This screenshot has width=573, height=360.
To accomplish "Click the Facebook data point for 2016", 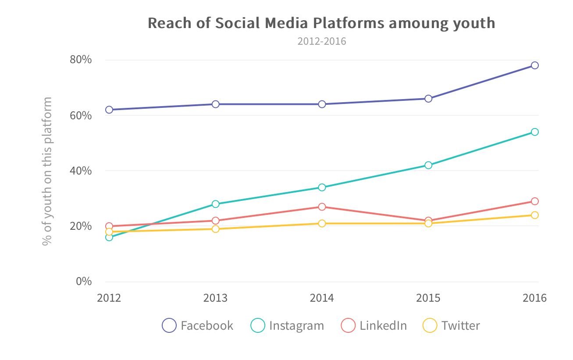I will [x=534, y=65].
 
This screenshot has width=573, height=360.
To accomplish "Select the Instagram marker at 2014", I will [x=322, y=187].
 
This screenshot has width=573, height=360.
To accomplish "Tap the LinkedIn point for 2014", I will [x=322, y=207].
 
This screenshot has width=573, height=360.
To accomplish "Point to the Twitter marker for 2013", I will [x=215, y=229].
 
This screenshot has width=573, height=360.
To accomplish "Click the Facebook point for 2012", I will [x=109, y=110].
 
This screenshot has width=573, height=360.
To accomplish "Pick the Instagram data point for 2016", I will [x=534, y=132].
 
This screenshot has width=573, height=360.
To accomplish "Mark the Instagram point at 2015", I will [x=428, y=165].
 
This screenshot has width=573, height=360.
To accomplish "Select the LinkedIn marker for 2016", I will [x=534, y=201].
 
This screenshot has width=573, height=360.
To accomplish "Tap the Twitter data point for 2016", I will [x=534, y=215].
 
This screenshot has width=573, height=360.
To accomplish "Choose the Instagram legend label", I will [x=296, y=326].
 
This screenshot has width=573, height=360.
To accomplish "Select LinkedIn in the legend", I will [x=383, y=326].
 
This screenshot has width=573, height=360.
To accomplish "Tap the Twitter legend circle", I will [x=430, y=326].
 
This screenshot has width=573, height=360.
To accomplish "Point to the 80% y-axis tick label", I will [x=81, y=60].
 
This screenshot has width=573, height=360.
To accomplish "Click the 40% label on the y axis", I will [x=81, y=171].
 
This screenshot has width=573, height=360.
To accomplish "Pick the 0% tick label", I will [x=84, y=281].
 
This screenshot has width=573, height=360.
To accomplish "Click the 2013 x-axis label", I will [x=215, y=298].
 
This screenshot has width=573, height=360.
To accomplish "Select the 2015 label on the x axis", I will [x=428, y=298].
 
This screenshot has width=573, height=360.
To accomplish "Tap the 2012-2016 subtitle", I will [x=322, y=42].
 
